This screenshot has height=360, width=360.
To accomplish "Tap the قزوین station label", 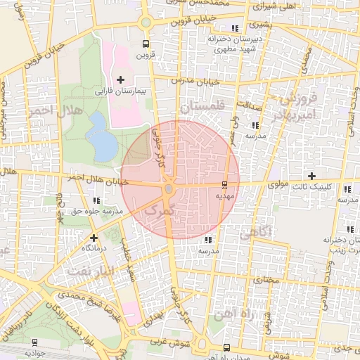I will tap(144, 54).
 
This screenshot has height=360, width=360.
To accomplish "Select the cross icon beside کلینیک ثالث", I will tap(311, 175).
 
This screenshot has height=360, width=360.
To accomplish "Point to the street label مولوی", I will tap(280, 184).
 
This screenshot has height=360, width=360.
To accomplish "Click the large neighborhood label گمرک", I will tap(157, 209).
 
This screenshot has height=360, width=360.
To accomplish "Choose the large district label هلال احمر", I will tap(51, 111).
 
